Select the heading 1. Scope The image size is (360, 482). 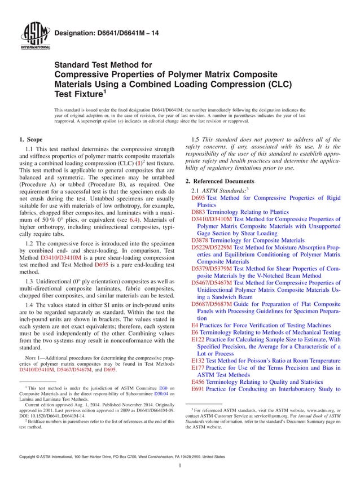pyautogui.click(x=31, y=139)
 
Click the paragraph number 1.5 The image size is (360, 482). pyautogui.click(x=197, y=139)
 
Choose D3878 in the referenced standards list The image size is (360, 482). pyautogui.click(x=200, y=239)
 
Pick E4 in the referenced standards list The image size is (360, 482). pyautogui.click(x=195, y=326)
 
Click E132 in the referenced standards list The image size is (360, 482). pyautogui.click(x=198, y=360)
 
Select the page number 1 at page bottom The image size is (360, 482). pyautogui.click(x=179, y=466)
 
